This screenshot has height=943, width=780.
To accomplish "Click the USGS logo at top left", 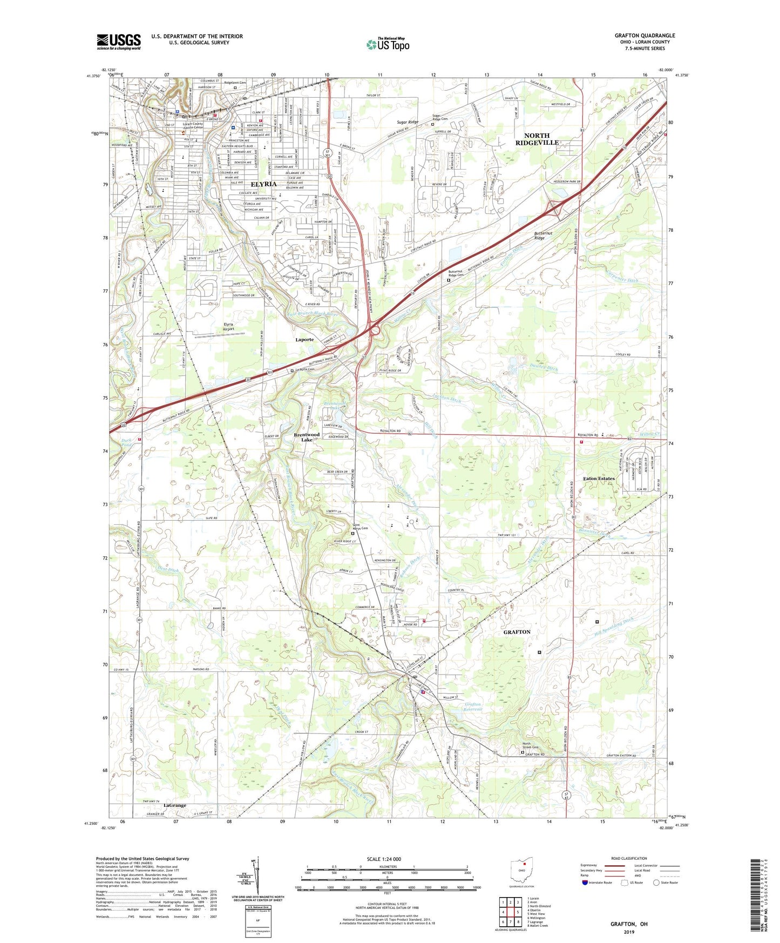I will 119,41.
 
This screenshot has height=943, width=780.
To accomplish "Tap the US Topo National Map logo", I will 388,44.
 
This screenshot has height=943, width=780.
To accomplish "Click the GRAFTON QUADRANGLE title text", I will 645,36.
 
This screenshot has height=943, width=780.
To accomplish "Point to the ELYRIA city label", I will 264,185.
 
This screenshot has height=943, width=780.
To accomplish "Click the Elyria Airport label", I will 233,326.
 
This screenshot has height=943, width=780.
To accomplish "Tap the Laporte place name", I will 304,340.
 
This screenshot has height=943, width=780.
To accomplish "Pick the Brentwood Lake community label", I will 307,437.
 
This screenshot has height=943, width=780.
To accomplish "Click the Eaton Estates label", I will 599,479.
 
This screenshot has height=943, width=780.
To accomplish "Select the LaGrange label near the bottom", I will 174,805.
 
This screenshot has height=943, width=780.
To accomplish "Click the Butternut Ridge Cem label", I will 456,273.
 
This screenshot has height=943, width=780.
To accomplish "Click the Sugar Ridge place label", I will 407,122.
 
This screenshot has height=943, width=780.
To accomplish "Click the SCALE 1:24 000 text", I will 384,859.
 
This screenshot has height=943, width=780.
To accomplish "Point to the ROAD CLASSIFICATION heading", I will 629,858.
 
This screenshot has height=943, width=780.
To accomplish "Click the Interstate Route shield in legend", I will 585,883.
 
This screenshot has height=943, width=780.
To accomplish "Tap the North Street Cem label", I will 529,746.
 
